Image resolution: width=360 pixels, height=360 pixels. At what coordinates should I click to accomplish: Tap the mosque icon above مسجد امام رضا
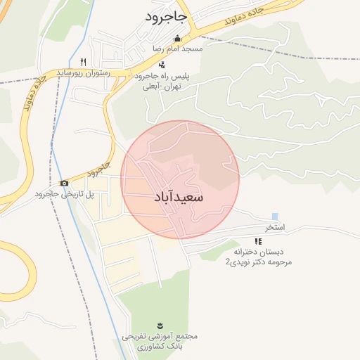pyautogui.click(x=178, y=39)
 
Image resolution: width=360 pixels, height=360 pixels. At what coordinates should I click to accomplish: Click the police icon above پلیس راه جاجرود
pyautogui.click(x=162, y=65)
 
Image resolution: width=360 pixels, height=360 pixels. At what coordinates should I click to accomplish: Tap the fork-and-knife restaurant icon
pyautogui.click(x=83, y=61)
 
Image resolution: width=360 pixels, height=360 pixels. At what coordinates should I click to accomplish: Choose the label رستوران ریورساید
pyautogui.click(x=83, y=72)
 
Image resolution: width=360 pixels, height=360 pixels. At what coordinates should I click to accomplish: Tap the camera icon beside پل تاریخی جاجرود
pyautogui.click(x=65, y=184)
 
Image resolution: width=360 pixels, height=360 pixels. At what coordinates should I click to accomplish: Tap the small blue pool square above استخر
pyautogui.click(x=275, y=216)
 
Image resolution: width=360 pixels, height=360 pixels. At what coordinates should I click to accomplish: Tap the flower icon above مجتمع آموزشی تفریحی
pyautogui.click(x=161, y=326)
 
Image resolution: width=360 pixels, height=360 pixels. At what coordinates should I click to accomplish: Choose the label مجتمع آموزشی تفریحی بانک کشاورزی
pyautogui.click(x=161, y=342)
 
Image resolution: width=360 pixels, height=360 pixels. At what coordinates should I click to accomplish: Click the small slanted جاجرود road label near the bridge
pyautogui.click(x=98, y=169)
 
